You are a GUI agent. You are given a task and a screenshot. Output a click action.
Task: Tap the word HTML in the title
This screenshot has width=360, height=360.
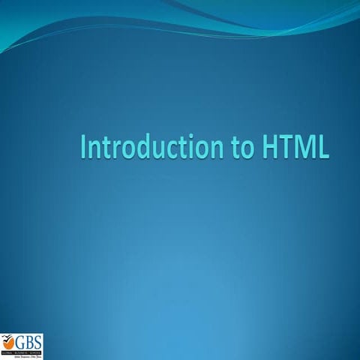pyautogui.click(x=296, y=146)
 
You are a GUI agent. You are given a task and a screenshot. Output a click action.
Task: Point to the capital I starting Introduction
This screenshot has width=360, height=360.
pyautogui.click(x=83, y=146)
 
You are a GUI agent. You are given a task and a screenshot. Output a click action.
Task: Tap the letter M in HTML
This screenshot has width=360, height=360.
pyautogui.click(x=305, y=146)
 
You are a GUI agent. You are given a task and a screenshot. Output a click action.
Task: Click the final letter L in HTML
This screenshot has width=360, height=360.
pyautogui.click(x=323, y=146)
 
